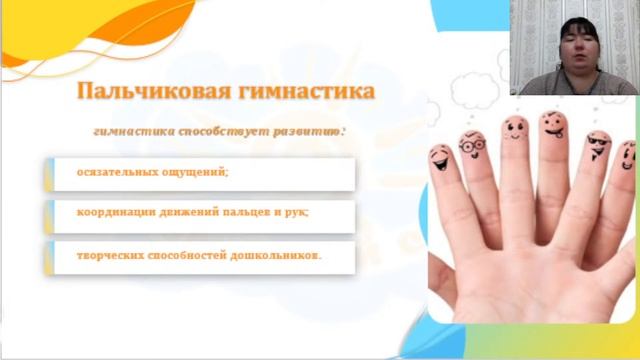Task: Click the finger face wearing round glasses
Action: point(472,147)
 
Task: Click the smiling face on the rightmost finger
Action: point(627,156)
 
